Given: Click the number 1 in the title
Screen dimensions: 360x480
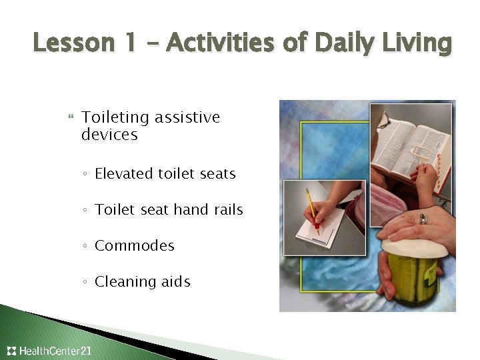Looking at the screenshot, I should (131, 43).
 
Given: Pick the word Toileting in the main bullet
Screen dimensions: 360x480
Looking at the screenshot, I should (115, 118).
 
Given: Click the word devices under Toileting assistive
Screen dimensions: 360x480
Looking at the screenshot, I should (109, 135).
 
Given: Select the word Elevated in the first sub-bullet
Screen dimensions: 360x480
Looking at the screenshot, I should (124, 174).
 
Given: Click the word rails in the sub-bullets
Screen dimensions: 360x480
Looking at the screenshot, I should (227, 210).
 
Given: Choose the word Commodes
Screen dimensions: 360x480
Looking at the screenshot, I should (135, 246).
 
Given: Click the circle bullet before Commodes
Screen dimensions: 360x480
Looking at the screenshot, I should (85, 247).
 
